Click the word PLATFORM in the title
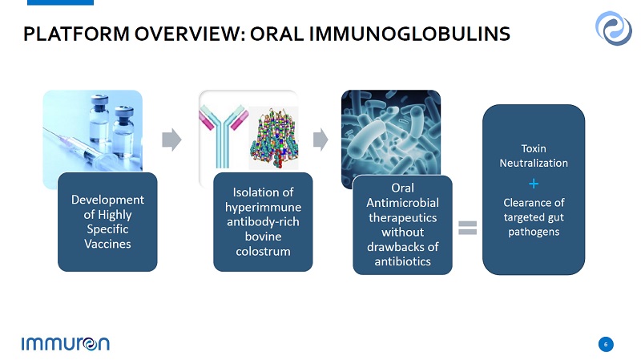pos(76,34)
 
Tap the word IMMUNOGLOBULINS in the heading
pos(409,34)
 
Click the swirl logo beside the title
pos(613,28)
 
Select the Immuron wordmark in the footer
pos(66,344)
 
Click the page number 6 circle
pos(606,344)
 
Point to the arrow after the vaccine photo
pos(171,140)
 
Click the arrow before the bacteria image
pos(320,140)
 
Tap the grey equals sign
pos(467,228)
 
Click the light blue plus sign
pos(534,184)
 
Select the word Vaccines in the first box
pos(107,244)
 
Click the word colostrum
pos(263,251)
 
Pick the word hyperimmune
pos(263,208)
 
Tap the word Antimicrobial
pos(403,203)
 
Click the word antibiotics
pos(403,261)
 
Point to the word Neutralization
pos(534,164)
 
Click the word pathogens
pos(534,232)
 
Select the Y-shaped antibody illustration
pos(224,136)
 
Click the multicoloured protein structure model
pos(274,138)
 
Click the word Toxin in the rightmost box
pos(534,148)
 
